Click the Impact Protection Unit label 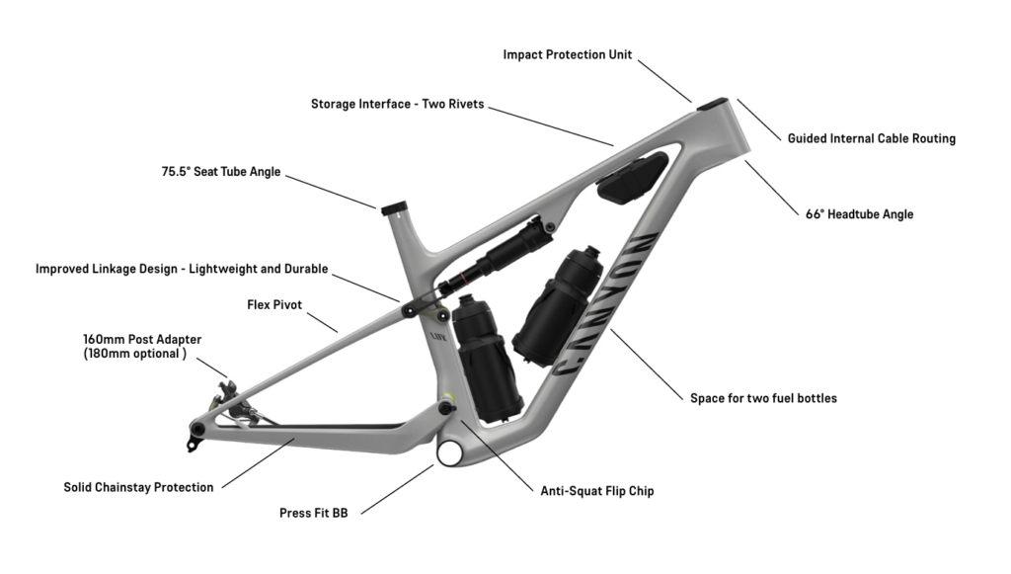(x=567, y=54)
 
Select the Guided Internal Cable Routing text (x=871, y=138)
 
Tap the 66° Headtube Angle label (x=859, y=213)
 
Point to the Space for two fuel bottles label (x=763, y=398)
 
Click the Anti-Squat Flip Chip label (x=596, y=490)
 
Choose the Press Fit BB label (x=313, y=513)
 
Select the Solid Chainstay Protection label (x=138, y=487)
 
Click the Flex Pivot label (x=273, y=304)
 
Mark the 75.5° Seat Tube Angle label (x=221, y=171)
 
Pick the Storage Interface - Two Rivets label (x=397, y=104)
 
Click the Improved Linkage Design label (x=182, y=269)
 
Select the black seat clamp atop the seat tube (x=394, y=206)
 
